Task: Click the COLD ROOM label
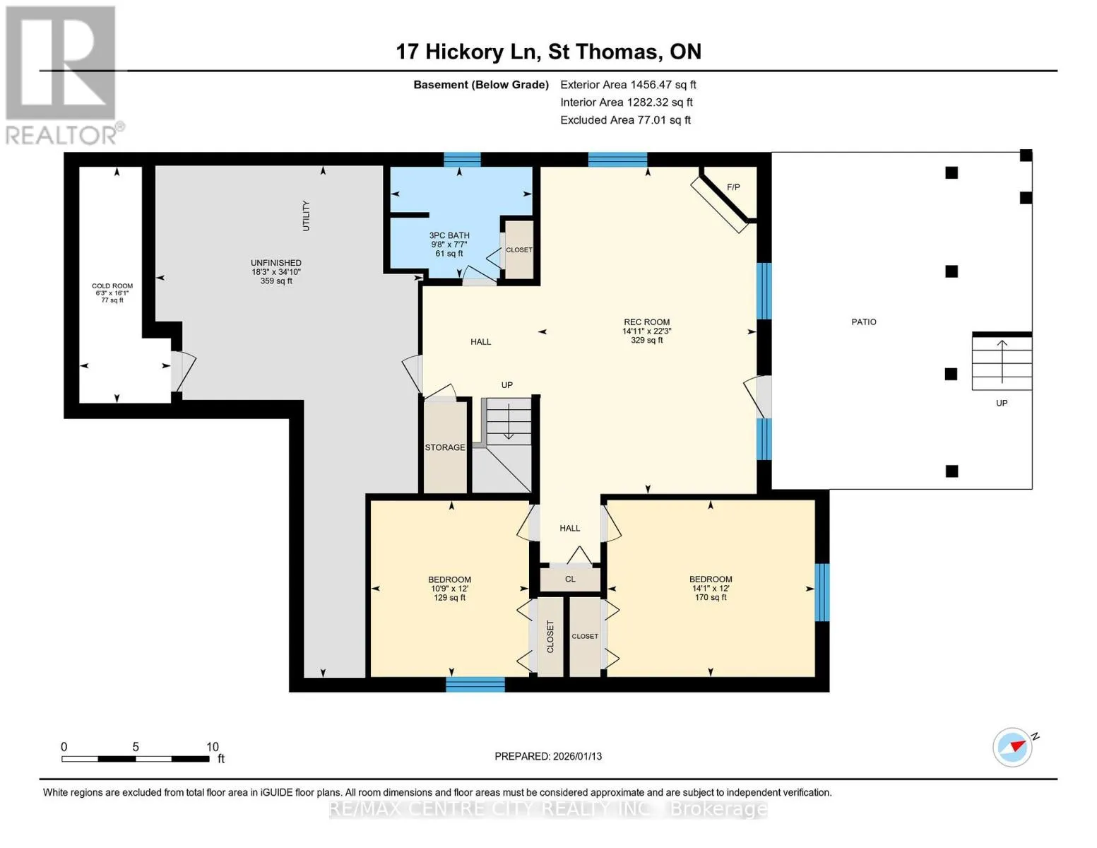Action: click(x=112, y=286)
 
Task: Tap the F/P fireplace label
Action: click(x=733, y=187)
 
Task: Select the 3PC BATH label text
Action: click(x=449, y=235)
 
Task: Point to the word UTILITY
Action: click(x=306, y=216)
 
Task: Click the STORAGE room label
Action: click(x=445, y=447)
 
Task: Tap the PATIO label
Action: click(x=864, y=322)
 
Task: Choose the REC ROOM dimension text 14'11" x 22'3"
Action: click(x=647, y=331)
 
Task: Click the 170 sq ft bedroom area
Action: click(x=711, y=598)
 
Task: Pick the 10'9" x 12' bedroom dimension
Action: click(x=449, y=589)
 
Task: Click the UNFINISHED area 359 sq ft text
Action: click(x=276, y=281)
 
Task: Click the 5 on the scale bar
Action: click(x=136, y=747)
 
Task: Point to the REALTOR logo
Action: click(x=63, y=75)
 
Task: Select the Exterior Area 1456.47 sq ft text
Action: click(x=628, y=85)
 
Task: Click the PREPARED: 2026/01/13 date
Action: click(x=548, y=757)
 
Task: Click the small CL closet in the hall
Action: click(x=570, y=579)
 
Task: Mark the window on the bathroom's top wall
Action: click(x=462, y=160)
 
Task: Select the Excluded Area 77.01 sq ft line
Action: click(x=625, y=120)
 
